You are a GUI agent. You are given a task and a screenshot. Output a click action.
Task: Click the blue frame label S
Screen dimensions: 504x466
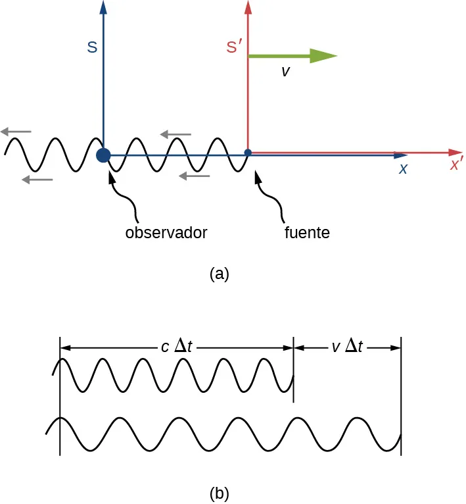93,47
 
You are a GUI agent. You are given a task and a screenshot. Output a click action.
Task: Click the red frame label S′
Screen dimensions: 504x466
234,47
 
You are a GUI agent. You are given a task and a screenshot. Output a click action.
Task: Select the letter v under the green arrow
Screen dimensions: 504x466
285,72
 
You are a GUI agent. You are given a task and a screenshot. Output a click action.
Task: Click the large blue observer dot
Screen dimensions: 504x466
103,155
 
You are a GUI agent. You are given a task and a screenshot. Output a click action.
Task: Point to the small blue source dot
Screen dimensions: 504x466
248,153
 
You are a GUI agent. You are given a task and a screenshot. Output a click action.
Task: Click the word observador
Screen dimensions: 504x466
166,233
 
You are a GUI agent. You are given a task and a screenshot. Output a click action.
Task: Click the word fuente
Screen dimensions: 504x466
307,233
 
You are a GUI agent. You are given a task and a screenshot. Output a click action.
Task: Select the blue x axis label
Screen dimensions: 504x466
403,168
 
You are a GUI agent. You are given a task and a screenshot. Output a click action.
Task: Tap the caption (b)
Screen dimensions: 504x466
219,493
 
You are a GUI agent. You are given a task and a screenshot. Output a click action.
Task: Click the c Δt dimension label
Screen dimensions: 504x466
177,347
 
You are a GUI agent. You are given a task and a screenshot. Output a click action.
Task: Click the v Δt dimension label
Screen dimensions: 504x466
347,347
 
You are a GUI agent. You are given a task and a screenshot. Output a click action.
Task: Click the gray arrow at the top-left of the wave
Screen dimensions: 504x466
16,132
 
